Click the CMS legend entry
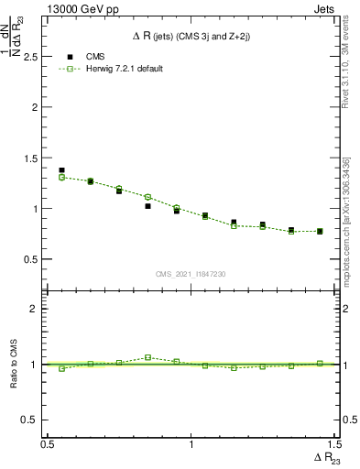click(94, 56)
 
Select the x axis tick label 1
click(191, 443)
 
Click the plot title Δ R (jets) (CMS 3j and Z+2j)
click(191, 36)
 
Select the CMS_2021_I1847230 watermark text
click(191, 274)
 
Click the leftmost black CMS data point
click(61, 170)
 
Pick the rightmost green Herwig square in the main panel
click(320, 232)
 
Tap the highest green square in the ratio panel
click(147, 357)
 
